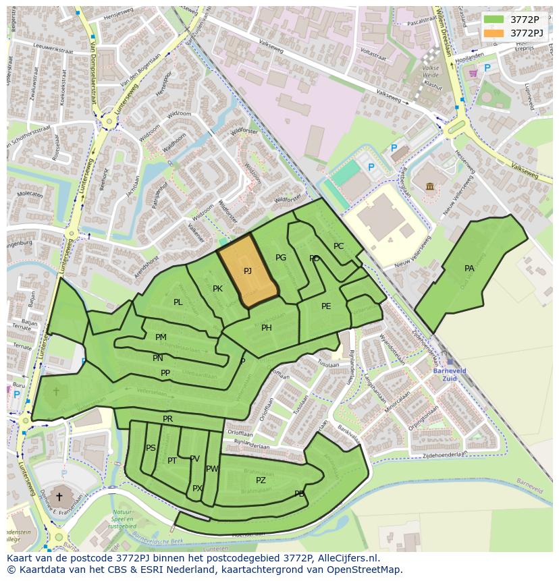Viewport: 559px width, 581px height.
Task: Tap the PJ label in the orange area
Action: coord(248,271)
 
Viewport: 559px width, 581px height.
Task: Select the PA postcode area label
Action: coord(469,268)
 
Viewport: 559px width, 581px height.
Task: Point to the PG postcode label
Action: coord(281,258)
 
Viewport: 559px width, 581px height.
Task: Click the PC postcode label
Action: coord(338,246)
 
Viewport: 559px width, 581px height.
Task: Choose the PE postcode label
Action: coord(326,306)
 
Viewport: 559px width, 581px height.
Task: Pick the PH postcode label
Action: coord(267,328)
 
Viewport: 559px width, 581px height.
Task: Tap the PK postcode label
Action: coord(217,289)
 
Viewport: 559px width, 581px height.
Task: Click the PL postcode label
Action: coord(178,302)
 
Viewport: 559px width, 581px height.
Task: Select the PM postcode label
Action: coord(161,337)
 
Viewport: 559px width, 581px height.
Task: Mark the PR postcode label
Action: coord(167,419)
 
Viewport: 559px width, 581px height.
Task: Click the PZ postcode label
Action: coord(261,480)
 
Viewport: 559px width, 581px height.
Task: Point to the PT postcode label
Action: coord(172,461)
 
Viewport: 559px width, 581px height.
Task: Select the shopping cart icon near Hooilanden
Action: coord(473,73)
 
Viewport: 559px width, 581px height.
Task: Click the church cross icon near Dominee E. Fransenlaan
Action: coord(59,497)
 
